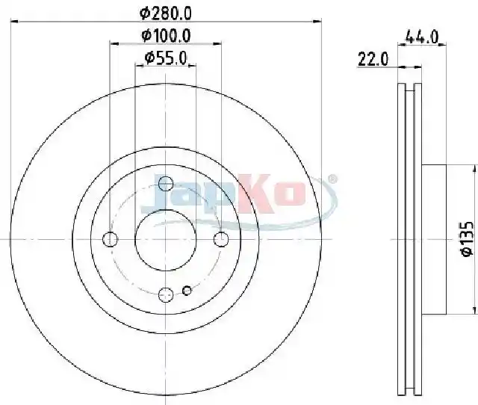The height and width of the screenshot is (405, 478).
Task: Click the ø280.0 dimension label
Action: (x=166, y=13)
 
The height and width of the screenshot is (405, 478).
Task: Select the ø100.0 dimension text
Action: (x=166, y=35)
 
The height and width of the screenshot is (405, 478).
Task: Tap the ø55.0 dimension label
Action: (x=166, y=58)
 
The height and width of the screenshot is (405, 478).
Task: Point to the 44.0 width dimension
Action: (x=421, y=37)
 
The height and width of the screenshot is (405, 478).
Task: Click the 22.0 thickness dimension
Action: (x=373, y=59)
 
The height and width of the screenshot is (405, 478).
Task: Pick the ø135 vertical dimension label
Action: (x=466, y=239)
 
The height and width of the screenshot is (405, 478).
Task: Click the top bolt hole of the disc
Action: (x=166, y=184)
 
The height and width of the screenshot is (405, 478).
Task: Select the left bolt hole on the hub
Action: (x=110, y=239)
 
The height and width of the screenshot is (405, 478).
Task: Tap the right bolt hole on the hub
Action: (x=221, y=239)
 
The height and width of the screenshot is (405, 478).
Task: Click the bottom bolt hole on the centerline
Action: (x=166, y=294)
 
